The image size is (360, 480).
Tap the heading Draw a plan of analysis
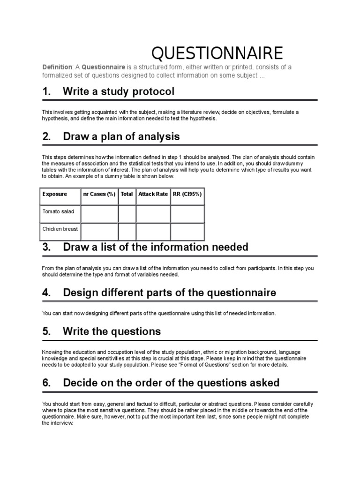pyautogui.click(x=121, y=137)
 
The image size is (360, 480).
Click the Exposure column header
pyautogui.click(x=54, y=194)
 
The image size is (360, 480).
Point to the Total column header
pyautogui.click(x=127, y=194)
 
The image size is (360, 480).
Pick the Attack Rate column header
pyautogui.click(x=153, y=194)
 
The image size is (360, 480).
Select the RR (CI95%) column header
pyautogui.click(x=187, y=194)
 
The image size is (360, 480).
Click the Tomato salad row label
pyautogui.click(x=58, y=212)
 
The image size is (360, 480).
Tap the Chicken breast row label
pyautogui.click(x=60, y=229)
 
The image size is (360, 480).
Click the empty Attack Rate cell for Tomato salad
pyautogui.click(x=153, y=214)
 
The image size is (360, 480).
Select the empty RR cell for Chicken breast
pyautogui.click(x=187, y=232)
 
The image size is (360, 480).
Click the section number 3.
pyautogui.click(x=46, y=247)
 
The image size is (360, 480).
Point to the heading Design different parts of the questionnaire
pyautogui.click(x=169, y=292)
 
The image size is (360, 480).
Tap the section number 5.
pyautogui.click(x=46, y=331)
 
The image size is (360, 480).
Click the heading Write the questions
pyautogui.click(x=112, y=331)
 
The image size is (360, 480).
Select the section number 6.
pyautogui.click(x=46, y=382)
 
